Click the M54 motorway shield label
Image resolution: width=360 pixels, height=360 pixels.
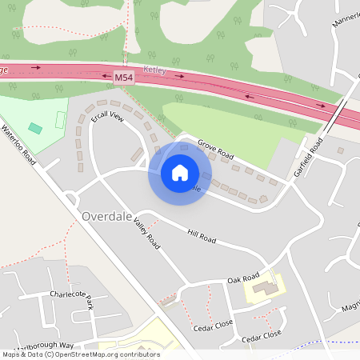click(122, 78)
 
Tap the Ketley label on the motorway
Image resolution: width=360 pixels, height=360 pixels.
click(154, 70)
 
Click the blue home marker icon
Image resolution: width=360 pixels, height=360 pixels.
click(179, 173)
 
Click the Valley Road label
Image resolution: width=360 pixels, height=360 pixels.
click(147, 234)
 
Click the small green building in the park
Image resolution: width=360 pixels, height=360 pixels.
click(34, 128)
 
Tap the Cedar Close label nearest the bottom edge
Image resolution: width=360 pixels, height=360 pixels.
click(262, 337)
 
